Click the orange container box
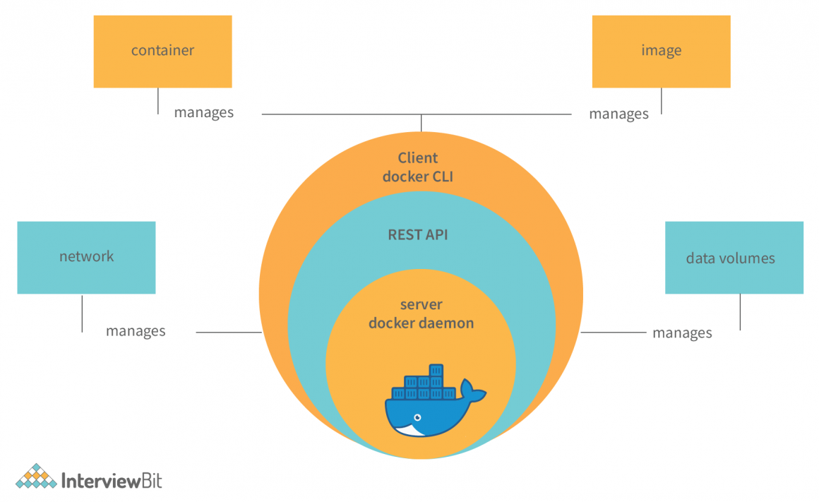162,52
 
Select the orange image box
661,52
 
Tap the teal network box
86,257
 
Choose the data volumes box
734,258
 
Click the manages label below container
203,112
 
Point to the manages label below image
618,114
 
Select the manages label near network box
136,331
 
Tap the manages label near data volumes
682,333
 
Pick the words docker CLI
418,177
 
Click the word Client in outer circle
418,158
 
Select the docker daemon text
421,323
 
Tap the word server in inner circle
421,305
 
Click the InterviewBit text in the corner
112,480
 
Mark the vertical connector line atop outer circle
422,122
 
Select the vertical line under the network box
82,313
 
